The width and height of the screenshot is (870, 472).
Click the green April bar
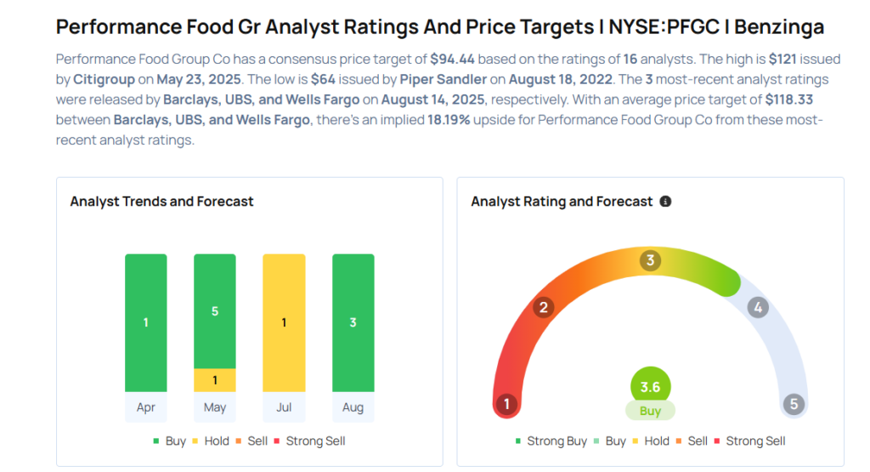(x=146, y=322)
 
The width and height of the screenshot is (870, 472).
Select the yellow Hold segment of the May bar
(x=215, y=380)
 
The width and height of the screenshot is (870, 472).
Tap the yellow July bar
(x=284, y=322)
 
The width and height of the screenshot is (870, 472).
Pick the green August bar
(x=353, y=322)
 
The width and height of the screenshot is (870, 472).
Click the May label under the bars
(x=215, y=407)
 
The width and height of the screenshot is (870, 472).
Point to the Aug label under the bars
(x=353, y=407)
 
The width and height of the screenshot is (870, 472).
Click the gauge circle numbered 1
(x=507, y=404)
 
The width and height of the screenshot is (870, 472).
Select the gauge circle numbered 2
(x=544, y=307)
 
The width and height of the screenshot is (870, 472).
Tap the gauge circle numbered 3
(x=651, y=260)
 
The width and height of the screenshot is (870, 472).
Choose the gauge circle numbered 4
(x=758, y=307)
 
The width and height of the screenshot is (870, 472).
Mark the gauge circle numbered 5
(x=794, y=404)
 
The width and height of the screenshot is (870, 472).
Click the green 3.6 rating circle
(x=650, y=387)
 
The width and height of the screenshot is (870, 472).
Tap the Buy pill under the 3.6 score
(x=650, y=411)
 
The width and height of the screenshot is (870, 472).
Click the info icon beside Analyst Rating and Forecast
(x=665, y=202)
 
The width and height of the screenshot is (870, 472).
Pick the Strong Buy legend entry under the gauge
(x=551, y=441)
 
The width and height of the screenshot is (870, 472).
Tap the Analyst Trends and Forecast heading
(x=161, y=202)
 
